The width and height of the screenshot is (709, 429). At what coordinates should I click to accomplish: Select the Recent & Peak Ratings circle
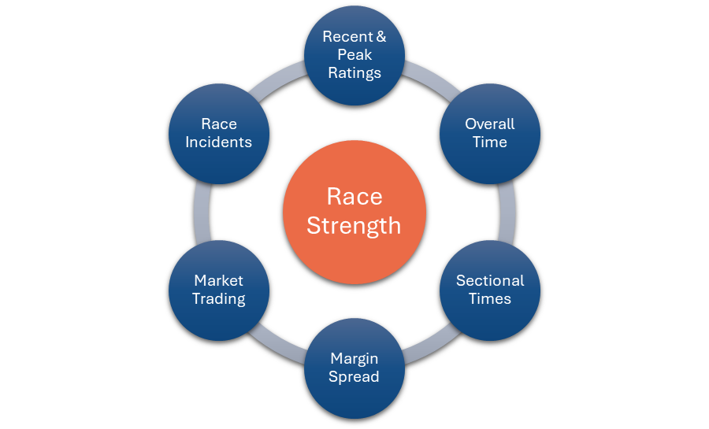(x=354, y=55)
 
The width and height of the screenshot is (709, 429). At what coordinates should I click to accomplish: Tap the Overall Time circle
(x=490, y=134)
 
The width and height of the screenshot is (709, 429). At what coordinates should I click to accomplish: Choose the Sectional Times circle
(x=490, y=290)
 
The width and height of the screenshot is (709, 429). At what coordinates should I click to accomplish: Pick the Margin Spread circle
(x=354, y=368)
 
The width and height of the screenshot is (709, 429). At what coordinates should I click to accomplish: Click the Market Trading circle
(x=219, y=290)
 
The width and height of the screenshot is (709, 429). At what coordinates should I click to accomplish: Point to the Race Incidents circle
(x=219, y=134)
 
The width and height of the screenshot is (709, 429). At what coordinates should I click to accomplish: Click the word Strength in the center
(x=354, y=226)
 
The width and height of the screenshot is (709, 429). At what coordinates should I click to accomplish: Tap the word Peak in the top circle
(x=354, y=55)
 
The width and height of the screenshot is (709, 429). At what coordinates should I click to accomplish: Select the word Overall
(x=490, y=124)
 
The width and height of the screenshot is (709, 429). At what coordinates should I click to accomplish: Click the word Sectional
(x=490, y=281)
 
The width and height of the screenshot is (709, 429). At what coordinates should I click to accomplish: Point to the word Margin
(x=354, y=359)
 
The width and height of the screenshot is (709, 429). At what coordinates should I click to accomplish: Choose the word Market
(x=219, y=281)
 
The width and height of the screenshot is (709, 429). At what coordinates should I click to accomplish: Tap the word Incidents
(x=219, y=142)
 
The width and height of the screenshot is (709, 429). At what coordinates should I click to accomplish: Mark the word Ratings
(x=354, y=72)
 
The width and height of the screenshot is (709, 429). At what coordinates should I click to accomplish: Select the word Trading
(x=219, y=299)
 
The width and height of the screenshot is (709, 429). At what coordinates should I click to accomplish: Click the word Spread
(x=354, y=377)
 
